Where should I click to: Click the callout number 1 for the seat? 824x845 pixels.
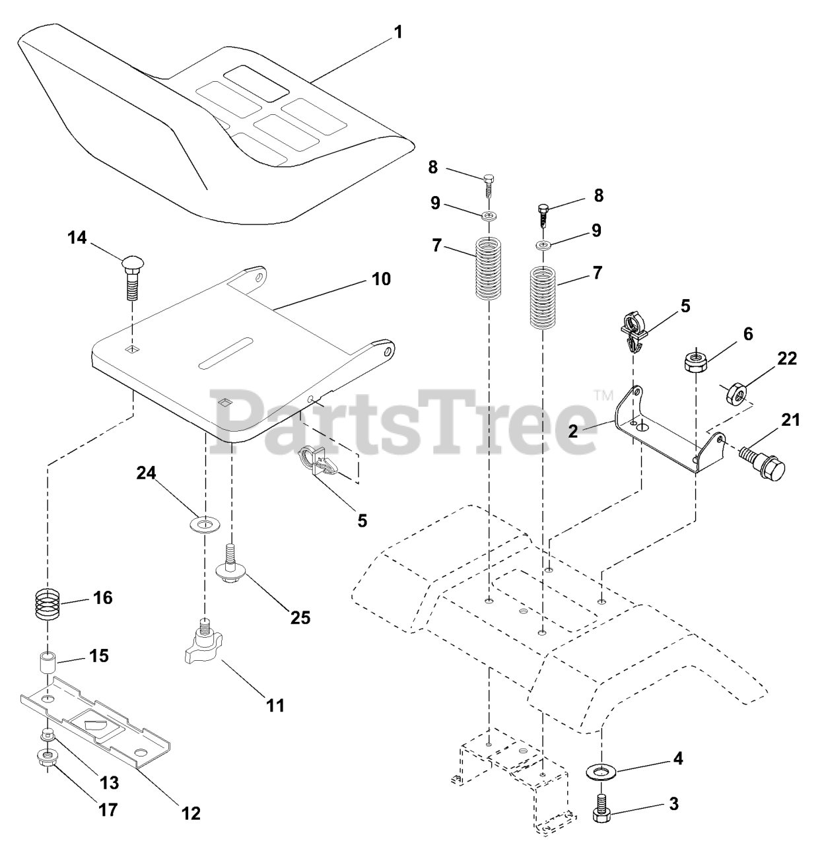click(x=397, y=32)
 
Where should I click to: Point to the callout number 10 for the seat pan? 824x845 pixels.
click(x=381, y=279)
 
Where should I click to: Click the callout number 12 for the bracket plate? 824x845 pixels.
click(x=191, y=813)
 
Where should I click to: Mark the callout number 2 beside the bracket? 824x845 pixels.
click(x=573, y=431)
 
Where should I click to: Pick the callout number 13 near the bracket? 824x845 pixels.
click(x=109, y=783)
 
